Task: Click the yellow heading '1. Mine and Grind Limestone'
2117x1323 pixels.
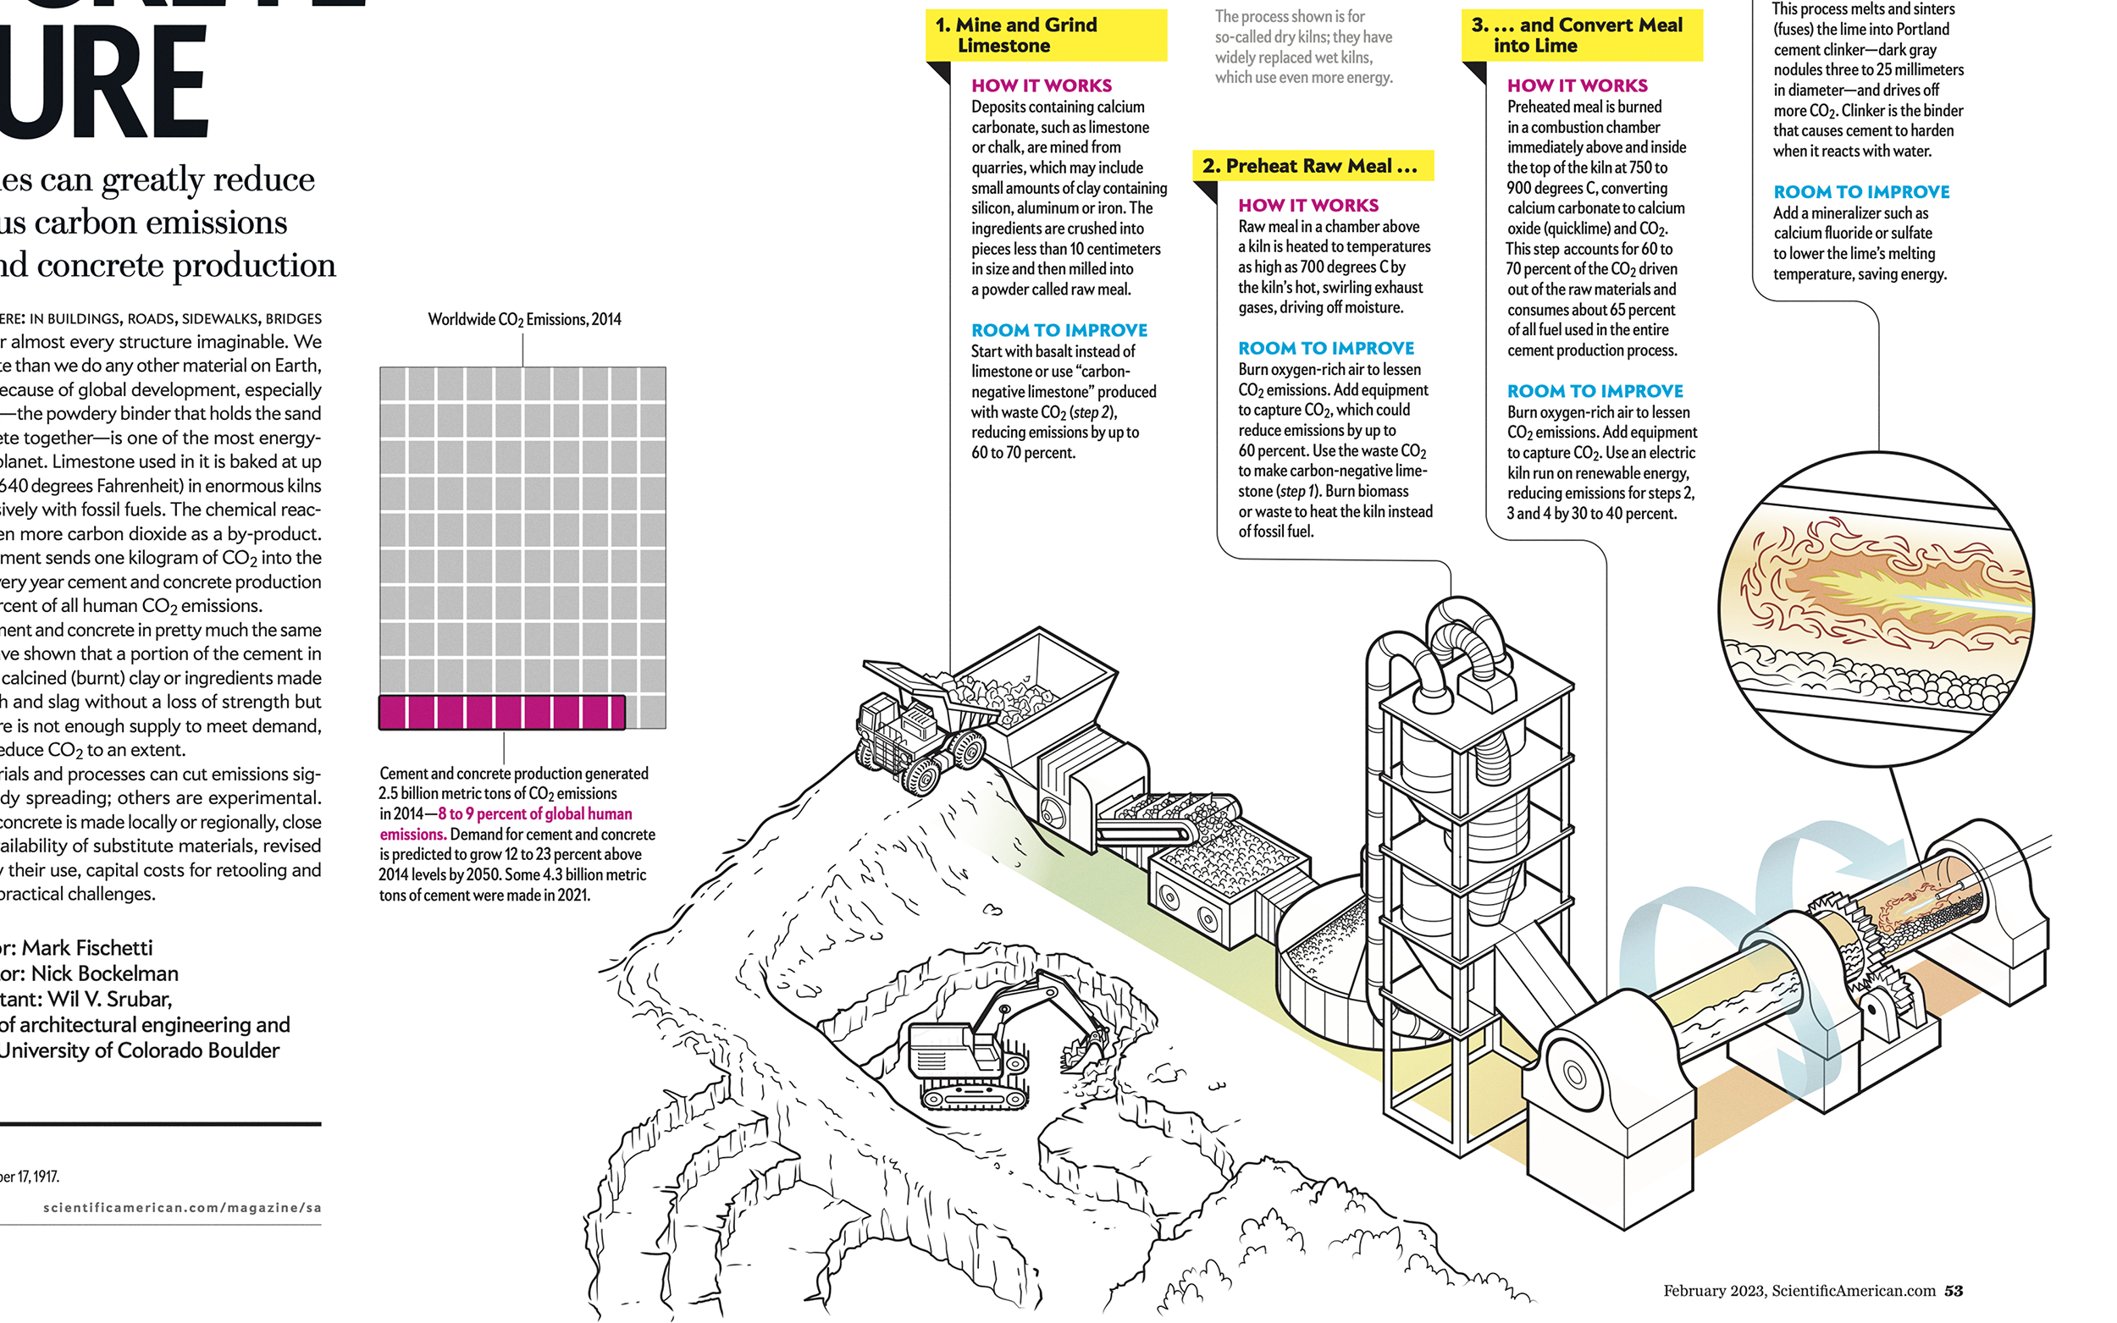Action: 1045,35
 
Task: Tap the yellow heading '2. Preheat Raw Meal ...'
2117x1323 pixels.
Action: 1310,166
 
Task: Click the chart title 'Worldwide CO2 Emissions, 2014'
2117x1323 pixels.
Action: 524,319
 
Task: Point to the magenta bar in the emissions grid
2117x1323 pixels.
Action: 501,712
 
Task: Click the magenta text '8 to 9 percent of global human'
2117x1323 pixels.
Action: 534,813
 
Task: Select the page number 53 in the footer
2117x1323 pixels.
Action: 1954,1291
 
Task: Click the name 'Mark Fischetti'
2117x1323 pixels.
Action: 86,948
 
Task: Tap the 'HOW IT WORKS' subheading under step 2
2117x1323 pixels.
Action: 1307,206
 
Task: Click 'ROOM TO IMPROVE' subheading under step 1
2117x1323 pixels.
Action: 1059,330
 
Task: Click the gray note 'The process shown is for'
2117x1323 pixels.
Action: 1289,17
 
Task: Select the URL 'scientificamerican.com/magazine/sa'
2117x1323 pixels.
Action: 182,1208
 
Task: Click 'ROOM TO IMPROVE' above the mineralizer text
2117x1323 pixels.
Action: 1861,191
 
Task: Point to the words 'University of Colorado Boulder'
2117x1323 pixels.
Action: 140,1050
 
